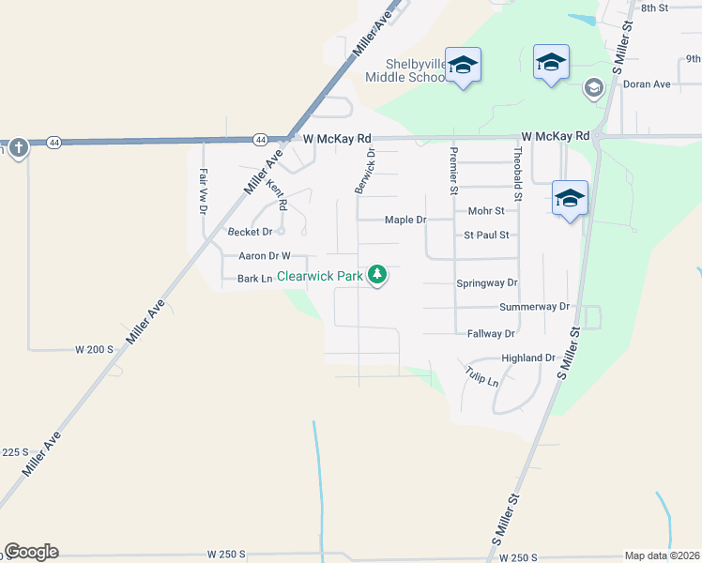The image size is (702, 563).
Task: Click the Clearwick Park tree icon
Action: point(377,275)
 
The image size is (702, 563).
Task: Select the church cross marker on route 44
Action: point(18,147)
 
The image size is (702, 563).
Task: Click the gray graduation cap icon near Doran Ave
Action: point(593,88)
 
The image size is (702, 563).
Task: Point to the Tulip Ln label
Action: point(481,377)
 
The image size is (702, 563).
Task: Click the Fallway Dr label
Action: point(491,334)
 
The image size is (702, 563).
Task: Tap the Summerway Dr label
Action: point(535,307)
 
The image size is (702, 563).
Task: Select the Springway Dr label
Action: point(486,282)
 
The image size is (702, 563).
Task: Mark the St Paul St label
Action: point(486,236)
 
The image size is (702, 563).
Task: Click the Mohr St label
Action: point(486,211)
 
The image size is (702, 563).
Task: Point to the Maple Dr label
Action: point(405,221)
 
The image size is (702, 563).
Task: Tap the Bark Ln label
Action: point(254,279)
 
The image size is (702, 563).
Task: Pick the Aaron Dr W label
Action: point(265,255)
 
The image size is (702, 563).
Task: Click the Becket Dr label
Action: point(250,231)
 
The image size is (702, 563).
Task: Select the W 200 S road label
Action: point(94,349)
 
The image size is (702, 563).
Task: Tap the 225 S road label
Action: point(13,452)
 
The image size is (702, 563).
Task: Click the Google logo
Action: point(31,552)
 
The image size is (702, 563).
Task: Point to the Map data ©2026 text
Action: point(662,555)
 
